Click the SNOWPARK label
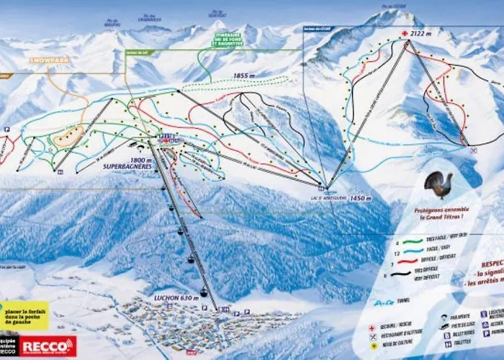tap(50, 60)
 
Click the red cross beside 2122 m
tap(405, 33)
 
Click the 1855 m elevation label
tap(244, 75)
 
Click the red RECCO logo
tap(48, 346)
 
